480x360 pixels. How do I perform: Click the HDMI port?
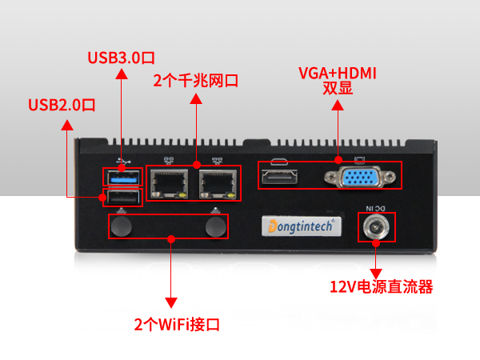[279, 176]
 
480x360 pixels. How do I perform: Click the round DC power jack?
[374, 230]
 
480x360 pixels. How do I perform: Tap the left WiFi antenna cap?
[122, 227]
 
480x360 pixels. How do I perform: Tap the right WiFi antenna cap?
[215, 227]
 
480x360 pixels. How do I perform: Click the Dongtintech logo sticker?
[302, 226]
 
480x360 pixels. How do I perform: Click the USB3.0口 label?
[121, 58]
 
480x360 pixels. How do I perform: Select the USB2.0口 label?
[62, 105]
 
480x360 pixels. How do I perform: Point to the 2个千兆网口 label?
[195, 81]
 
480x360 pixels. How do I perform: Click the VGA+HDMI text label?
[337, 74]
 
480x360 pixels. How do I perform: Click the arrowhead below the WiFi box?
[170, 302]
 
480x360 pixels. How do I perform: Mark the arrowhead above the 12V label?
[374, 267]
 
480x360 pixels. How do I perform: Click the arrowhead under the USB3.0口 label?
[121, 74]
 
